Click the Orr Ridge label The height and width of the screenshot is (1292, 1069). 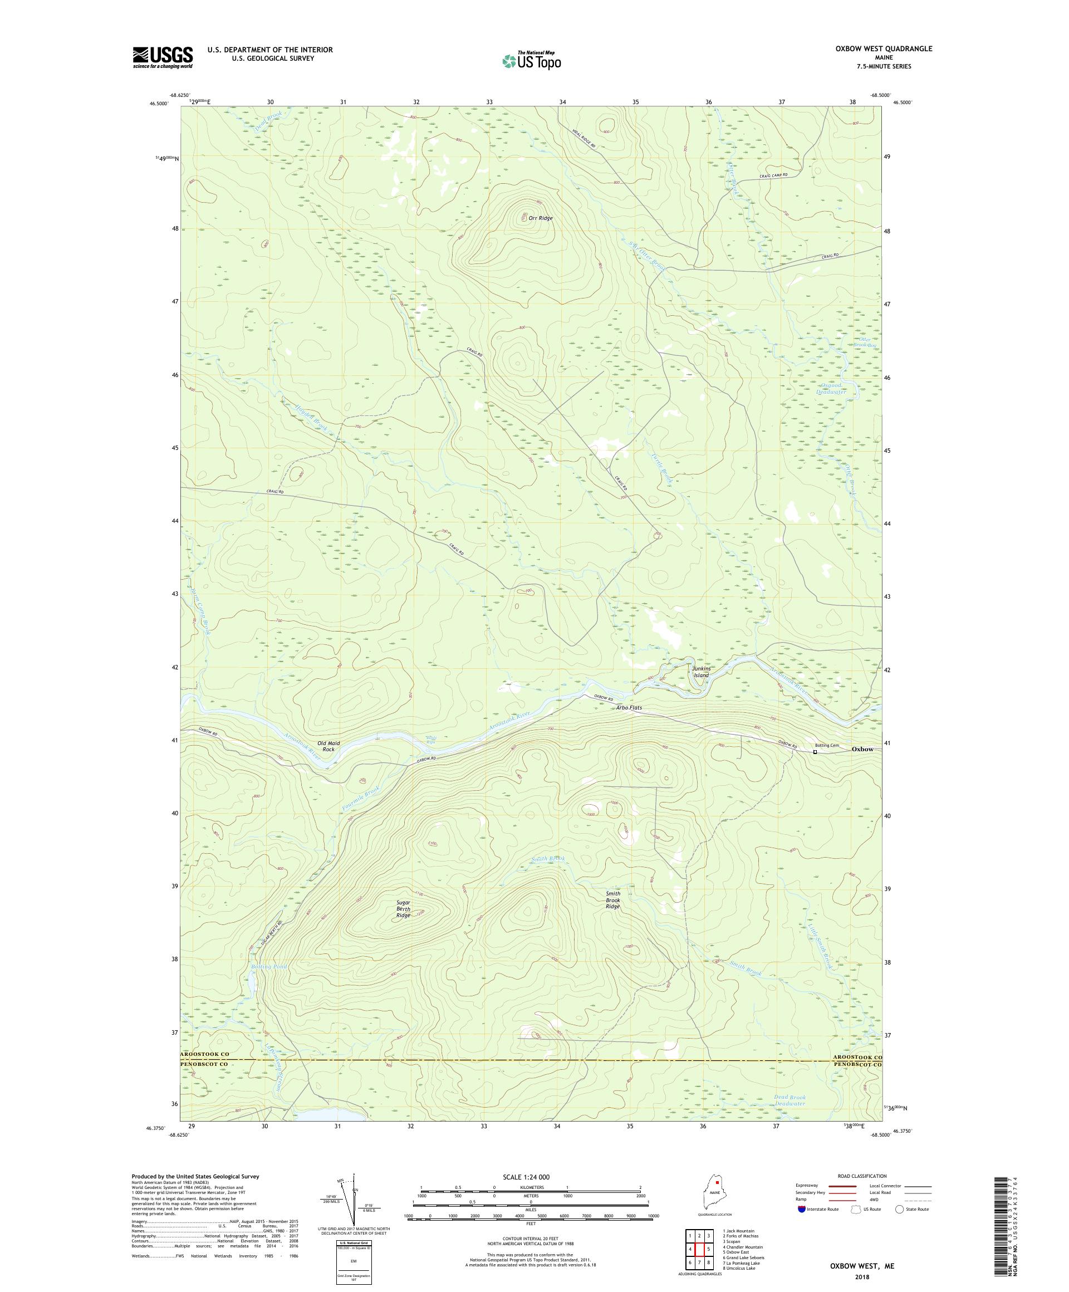pos(541,218)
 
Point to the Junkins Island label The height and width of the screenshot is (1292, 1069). pos(701,672)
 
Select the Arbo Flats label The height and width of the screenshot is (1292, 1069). pos(629,707)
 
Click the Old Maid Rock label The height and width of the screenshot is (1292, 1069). pos(329,746)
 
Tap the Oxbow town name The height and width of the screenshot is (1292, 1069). pos(862,748)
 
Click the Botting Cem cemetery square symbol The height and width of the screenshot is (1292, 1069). pos(815,752)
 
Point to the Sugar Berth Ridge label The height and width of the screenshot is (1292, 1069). pos(403,909)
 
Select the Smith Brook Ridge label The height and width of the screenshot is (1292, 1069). pos(612,900)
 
